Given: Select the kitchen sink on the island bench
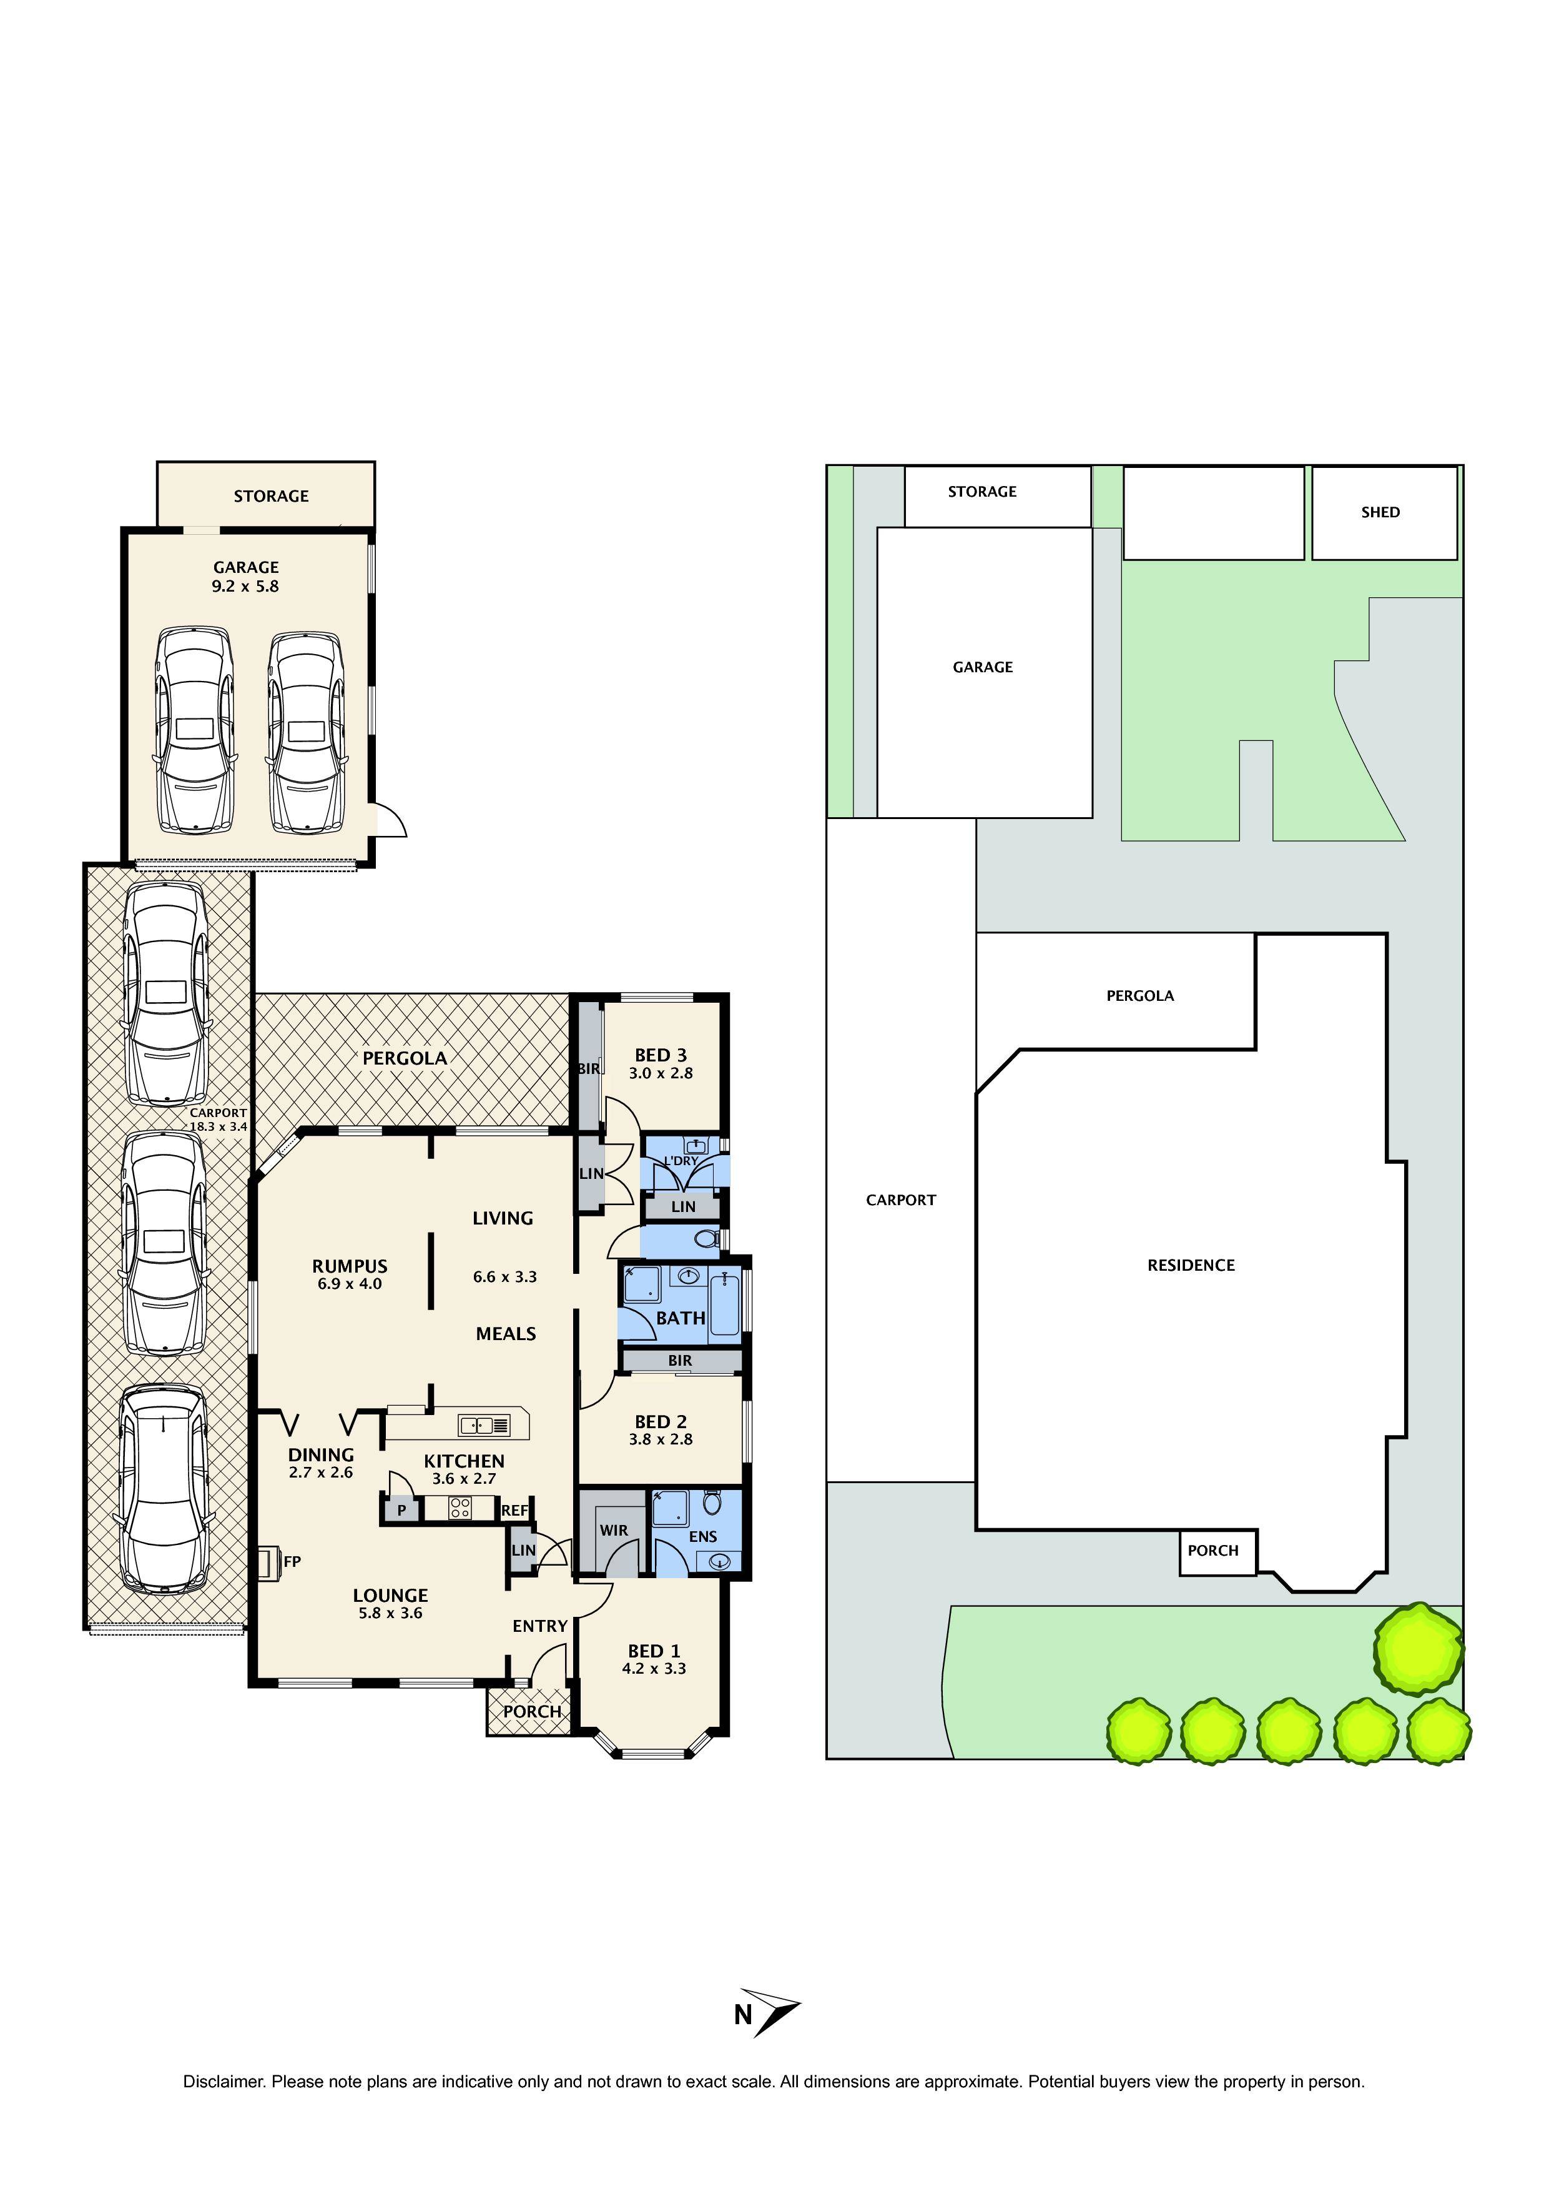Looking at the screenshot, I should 484,1426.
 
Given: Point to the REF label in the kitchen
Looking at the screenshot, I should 514,1511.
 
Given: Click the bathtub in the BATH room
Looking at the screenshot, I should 725,1301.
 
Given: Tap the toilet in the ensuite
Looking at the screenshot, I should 712,1504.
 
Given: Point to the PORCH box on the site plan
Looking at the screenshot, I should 1212,1551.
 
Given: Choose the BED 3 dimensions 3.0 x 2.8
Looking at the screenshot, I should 660,1073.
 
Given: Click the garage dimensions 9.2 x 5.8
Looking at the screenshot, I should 245,587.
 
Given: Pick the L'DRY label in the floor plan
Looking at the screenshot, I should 681,1160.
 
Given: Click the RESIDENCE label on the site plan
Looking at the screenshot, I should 1191,1265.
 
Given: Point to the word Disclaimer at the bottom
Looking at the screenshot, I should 222,2081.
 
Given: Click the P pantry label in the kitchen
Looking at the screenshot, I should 401,1511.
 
